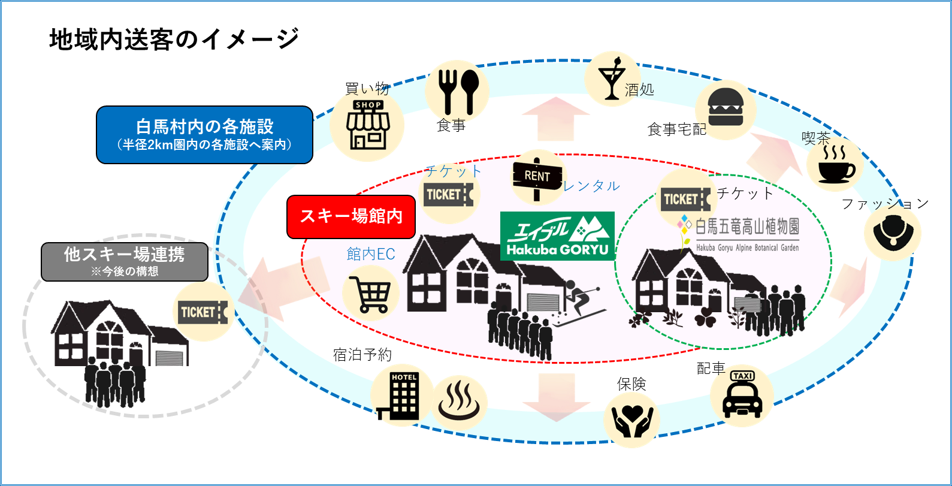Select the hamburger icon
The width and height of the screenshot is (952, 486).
(x=725, y=108)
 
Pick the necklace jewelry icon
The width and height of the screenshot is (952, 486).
(x=892, y=233)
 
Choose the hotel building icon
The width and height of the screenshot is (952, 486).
(x=402, y=394)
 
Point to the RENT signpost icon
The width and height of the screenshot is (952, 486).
(x=536, y=177)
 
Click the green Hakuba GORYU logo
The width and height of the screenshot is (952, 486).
(x=557, y=236)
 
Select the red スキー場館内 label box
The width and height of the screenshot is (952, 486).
(x=352, y=216)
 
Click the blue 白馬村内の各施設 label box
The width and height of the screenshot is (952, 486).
(x=204, y=134)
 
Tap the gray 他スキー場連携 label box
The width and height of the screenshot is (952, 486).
(x=125, y=261)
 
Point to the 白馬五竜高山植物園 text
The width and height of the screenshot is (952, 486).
(x=747, y=227)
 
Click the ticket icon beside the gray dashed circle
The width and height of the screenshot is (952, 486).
(x=203, y=312)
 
